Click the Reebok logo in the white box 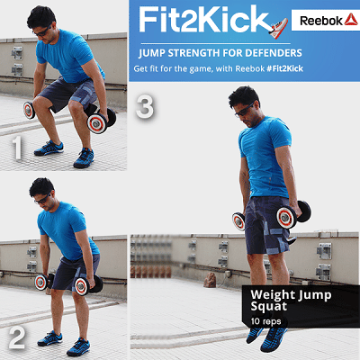point(329,20)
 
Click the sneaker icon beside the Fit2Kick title point(279,28)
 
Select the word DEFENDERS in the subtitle point(274,53)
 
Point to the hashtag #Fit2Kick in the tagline point(285,68)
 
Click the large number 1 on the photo point(17,148)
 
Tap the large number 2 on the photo point(17,338)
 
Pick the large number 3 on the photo point(145,106)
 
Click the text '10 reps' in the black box point(265,321)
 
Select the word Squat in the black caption point(269,307)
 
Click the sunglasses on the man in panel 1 point(42,31)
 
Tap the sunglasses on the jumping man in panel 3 point(244,111)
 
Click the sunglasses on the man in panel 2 point(43,199)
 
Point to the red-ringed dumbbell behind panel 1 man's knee point(29,110)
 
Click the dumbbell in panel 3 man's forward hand point(292,214)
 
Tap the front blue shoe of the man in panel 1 point(84,157)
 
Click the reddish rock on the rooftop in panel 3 point(210,280)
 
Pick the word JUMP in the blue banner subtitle point(152,53)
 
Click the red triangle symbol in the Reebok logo point(351,19)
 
